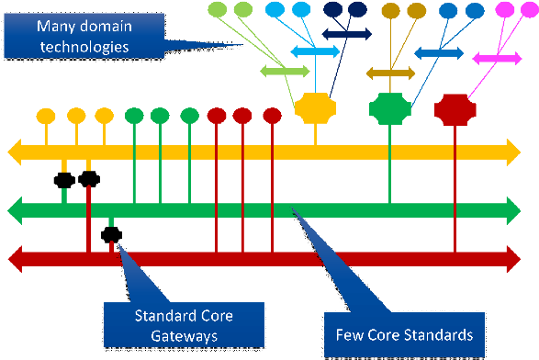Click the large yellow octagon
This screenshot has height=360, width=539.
(x=317, y=108)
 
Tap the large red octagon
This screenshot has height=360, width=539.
(x=455, y=108)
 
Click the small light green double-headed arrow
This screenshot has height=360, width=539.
(x=286, y=71)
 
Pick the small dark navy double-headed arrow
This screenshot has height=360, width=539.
(x=346, y=34)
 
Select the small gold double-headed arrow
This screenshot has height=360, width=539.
(x=390, y=73)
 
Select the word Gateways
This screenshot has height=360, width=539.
(x=184, y=336)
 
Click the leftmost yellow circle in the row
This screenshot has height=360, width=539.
(x=46, y=117)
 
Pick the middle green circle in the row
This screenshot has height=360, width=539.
(x=160, y=116)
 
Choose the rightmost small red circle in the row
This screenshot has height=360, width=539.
(x=272, y=116)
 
